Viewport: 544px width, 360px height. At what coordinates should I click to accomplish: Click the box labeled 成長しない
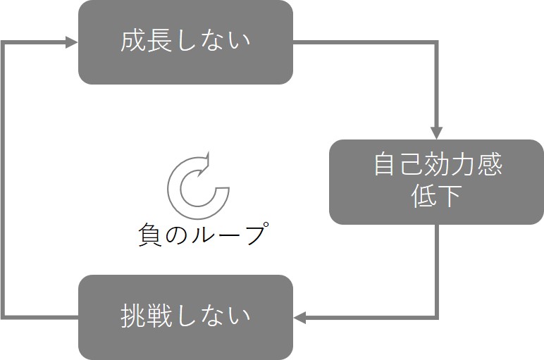pyautogui.click(x=185, y=42)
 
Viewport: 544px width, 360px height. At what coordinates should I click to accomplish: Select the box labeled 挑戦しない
pyautogui.click(x=185, y=317)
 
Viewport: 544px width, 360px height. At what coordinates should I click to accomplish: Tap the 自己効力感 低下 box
pyautogui.click(x=436, y=182)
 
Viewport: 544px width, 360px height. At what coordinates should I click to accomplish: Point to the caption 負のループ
pyautogui.click(x=202, y=235)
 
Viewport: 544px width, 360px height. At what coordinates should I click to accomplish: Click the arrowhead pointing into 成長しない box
pyautogui.click(x=71, y=42)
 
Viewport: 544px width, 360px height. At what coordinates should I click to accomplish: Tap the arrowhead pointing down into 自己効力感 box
pyautogui.click(x=436, y=132)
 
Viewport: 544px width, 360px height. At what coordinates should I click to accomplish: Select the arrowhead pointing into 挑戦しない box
pyautogui.click(x=301, y=318)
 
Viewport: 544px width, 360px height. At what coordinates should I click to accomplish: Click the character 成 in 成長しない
pyautogui.click(x=133, y=41)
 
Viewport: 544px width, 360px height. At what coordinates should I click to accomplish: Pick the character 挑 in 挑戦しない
pyautogui.click(x=133, y=316)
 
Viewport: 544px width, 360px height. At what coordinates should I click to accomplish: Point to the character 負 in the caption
pyautogui.click(x=150, y=235)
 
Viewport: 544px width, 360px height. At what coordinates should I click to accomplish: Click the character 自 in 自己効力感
pyautogui.click(x=385, y=166)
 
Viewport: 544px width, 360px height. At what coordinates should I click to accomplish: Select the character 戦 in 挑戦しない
pyautogui.click(x=159, y=316)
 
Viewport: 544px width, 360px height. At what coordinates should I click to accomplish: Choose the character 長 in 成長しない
pyautogui.click(x=159, y=41)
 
